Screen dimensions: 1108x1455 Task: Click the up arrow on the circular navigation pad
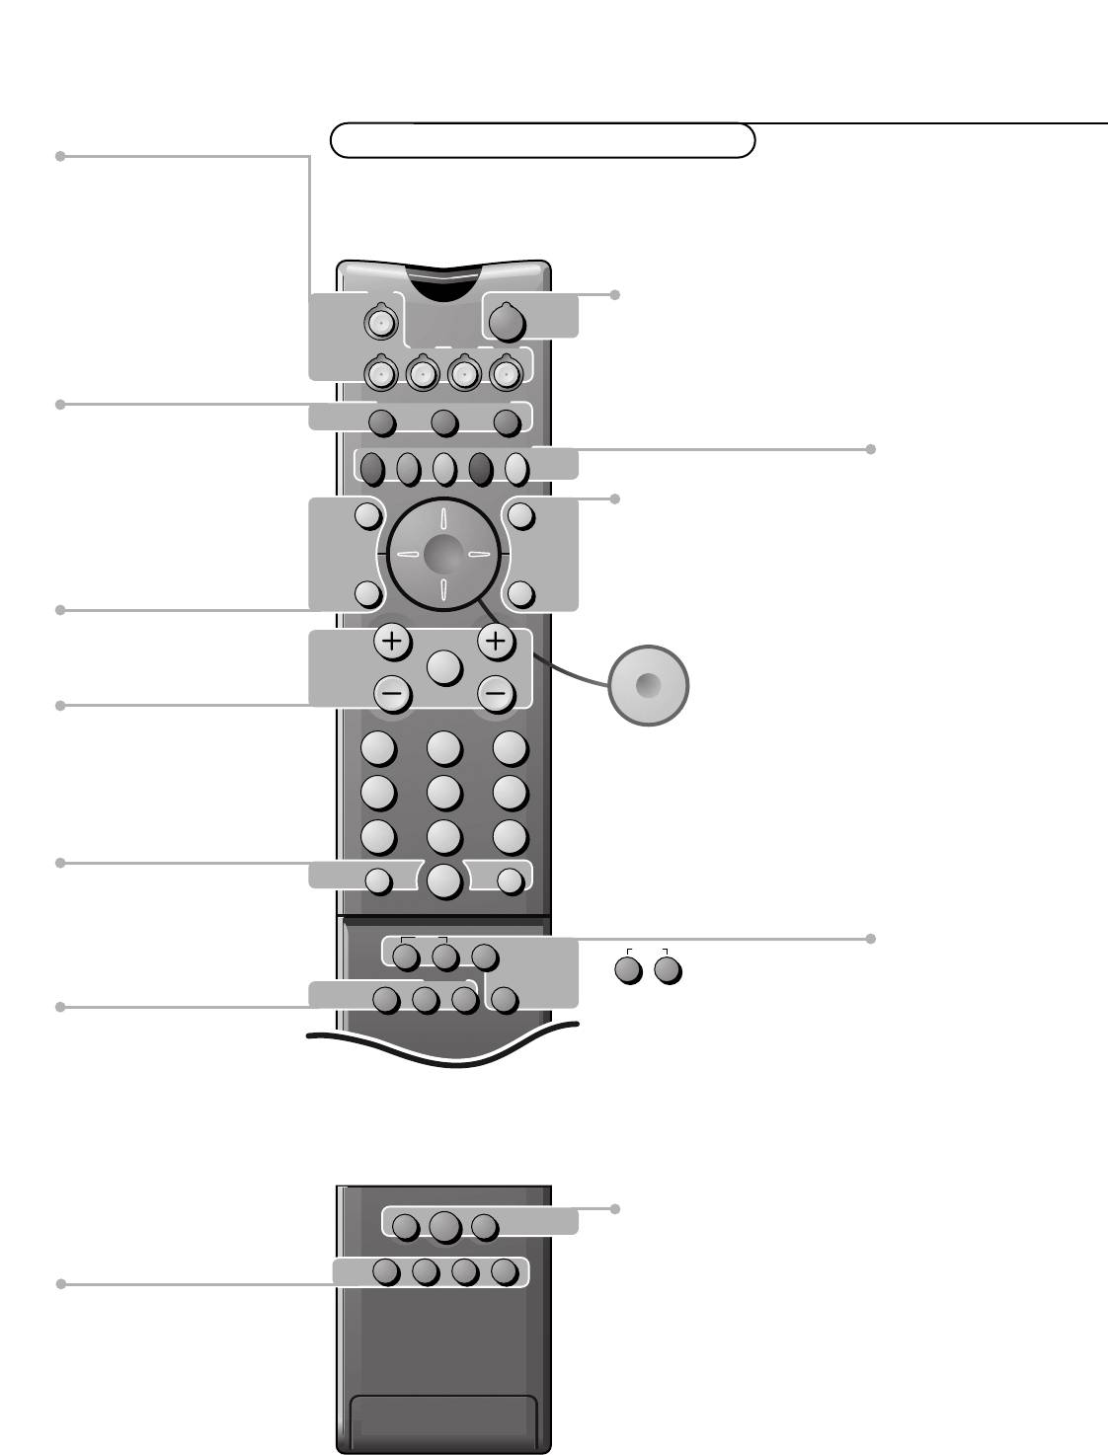(443, 518)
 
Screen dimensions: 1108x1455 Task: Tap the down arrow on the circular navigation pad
(443, 590)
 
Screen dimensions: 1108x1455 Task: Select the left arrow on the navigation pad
(407, 555)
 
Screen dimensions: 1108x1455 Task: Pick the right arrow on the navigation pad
(480, 555)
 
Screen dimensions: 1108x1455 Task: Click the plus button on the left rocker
(392, 642)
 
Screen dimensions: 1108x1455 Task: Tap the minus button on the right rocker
(496, 694)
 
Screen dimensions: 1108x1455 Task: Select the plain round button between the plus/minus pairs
(444, 667)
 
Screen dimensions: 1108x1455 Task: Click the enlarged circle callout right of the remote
(648, 685)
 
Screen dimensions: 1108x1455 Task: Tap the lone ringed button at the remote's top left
(380, 321)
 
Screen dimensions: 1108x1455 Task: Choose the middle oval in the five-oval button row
(443, 468)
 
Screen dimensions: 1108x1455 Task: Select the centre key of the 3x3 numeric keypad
(444, 792)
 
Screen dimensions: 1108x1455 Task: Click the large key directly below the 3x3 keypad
(444, 880)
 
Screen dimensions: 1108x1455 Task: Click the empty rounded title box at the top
(542, 141)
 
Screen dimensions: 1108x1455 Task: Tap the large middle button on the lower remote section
(444, 1226)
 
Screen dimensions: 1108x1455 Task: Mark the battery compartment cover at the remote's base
(444, 1419)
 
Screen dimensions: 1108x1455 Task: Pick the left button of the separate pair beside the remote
(628, 970)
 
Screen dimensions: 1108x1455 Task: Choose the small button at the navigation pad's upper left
(368, 514)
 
